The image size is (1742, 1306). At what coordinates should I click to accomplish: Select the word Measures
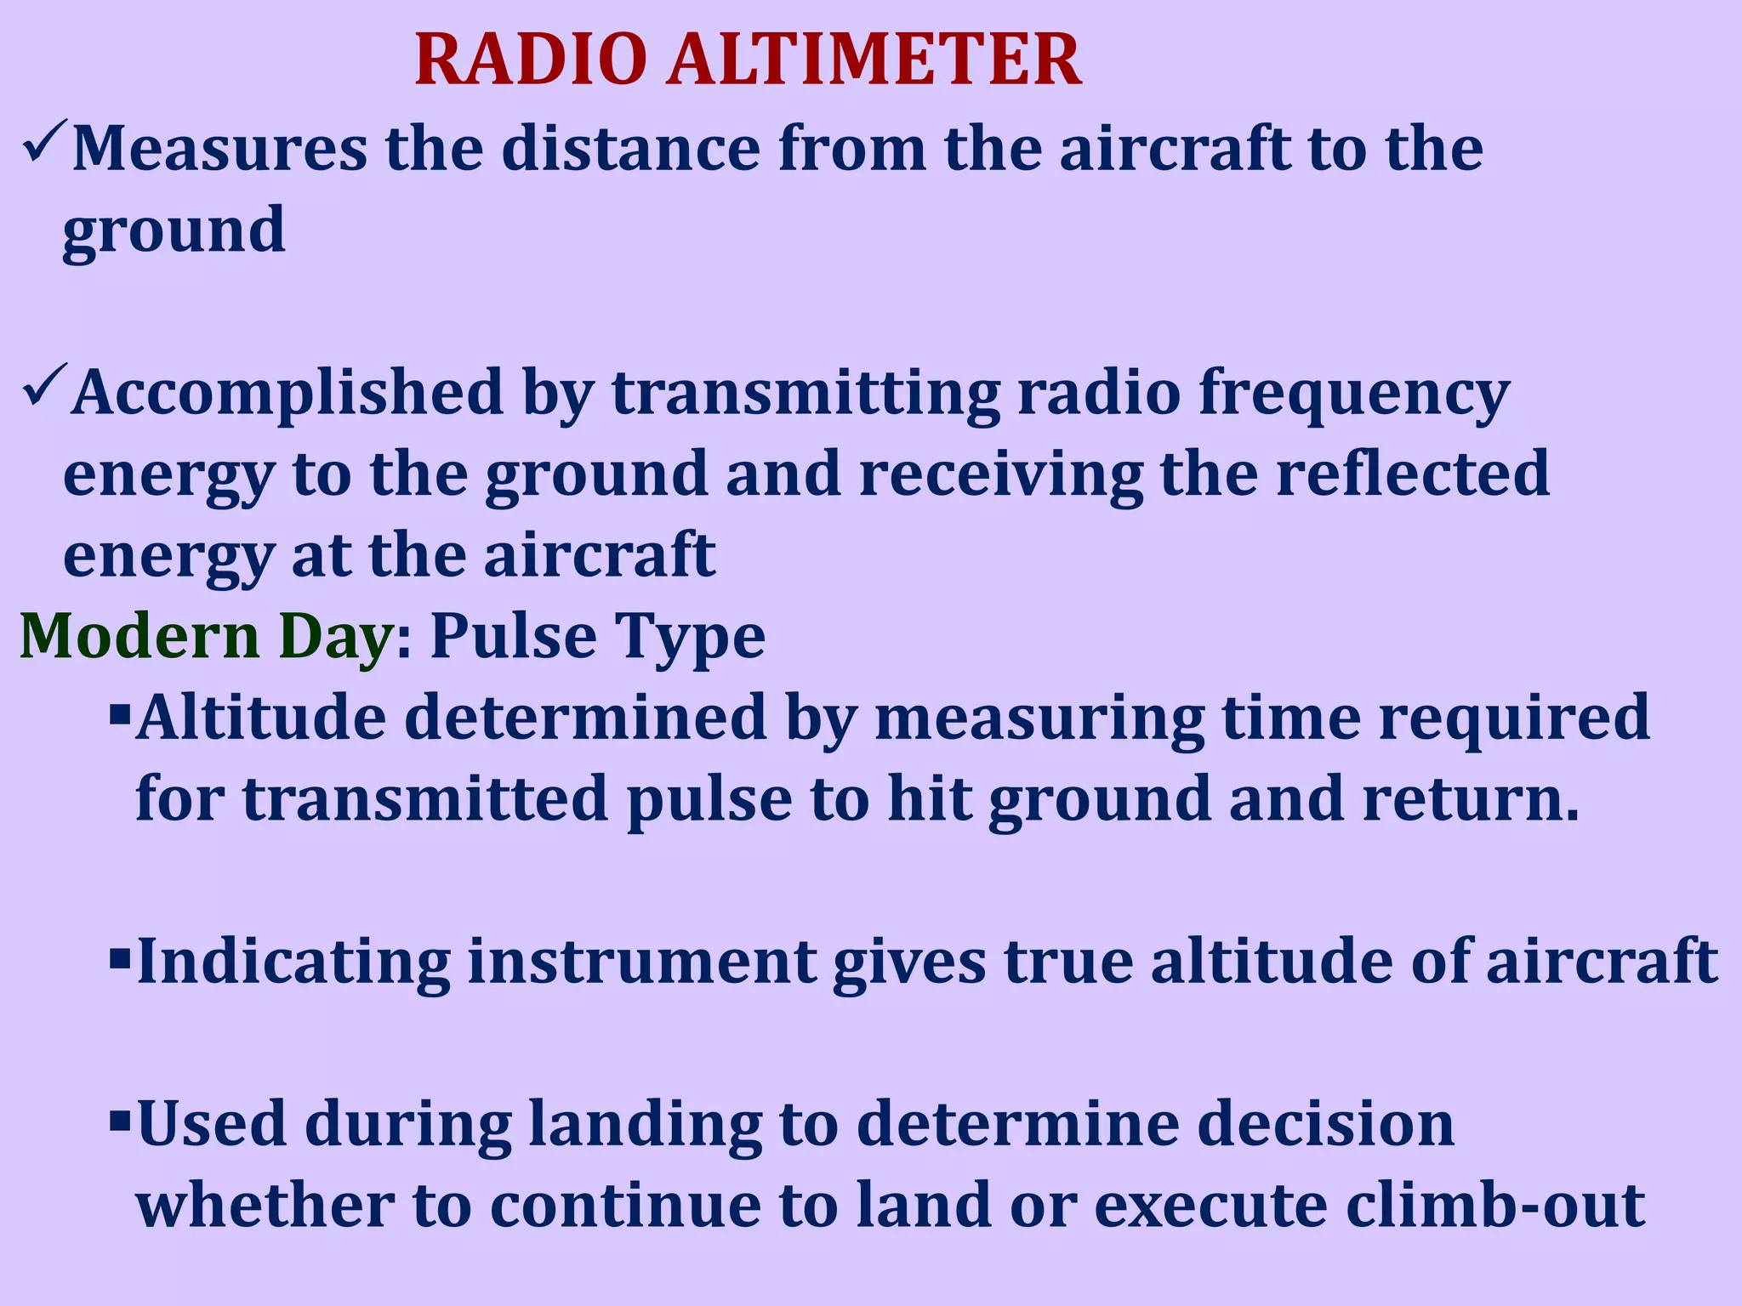coord(220,150)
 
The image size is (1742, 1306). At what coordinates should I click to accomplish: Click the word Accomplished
coord(288,395)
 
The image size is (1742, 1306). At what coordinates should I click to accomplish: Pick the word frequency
coord(1353,395)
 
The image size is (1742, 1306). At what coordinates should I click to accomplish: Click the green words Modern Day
coord(205,638)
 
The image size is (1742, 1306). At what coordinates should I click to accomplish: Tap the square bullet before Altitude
coord(119,707)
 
